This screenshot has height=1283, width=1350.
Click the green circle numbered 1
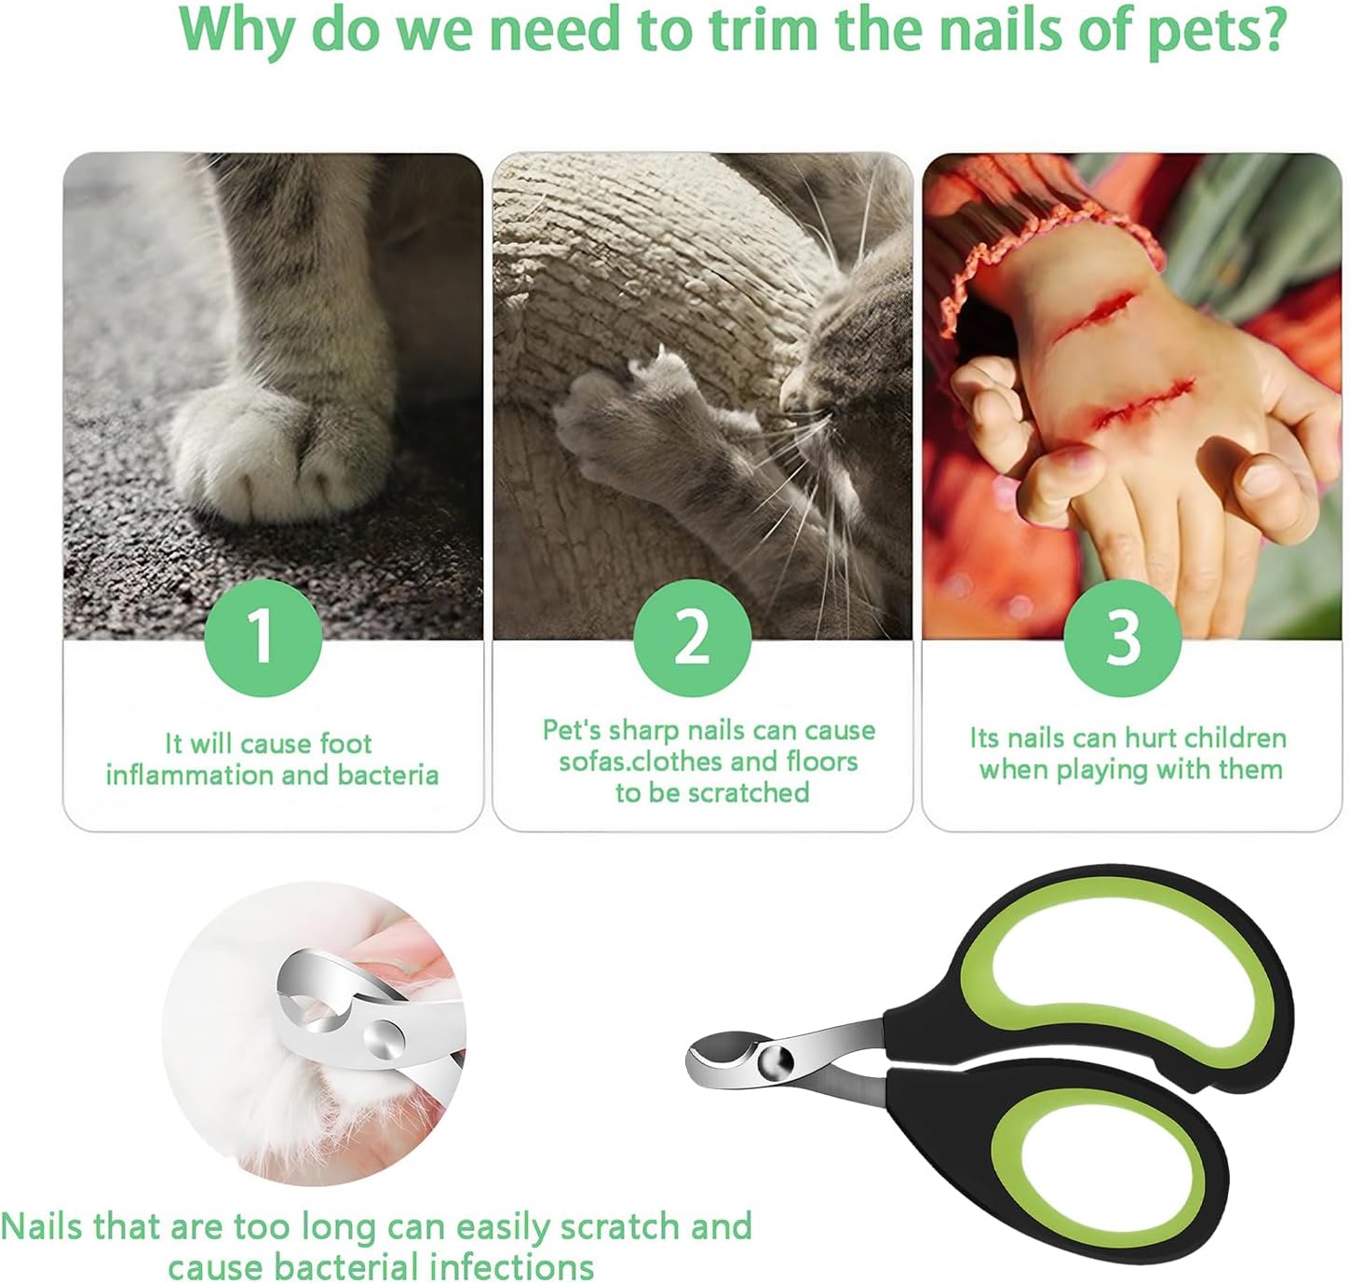click(263, 637)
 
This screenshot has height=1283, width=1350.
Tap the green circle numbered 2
click(692, 637)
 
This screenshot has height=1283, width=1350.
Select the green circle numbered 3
click(1123, 637)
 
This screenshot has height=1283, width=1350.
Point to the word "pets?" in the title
click(1215, 33)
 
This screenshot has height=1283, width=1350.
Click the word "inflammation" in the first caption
click(187, 775)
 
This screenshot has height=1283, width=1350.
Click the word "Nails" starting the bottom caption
click(42, 1227)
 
